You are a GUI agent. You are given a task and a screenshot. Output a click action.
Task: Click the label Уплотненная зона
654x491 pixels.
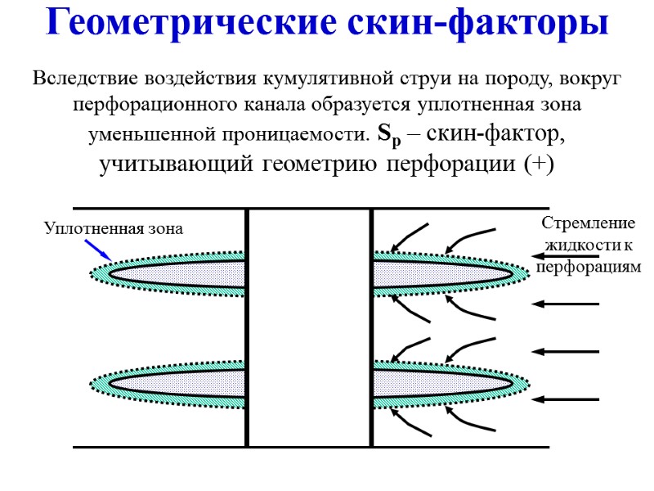114,230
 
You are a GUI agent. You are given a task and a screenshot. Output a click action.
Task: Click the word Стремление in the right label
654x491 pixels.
577,223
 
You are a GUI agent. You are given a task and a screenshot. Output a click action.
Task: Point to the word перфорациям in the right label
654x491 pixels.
589,267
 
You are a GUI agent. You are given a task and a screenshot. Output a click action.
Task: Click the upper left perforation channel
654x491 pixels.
176,271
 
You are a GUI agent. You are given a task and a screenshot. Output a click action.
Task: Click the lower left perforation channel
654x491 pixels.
176,383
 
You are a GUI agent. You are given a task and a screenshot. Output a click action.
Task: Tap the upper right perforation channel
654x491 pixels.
446,271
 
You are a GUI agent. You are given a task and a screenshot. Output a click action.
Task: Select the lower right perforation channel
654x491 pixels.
446,383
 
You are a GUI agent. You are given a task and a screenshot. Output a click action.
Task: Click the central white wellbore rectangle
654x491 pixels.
310,327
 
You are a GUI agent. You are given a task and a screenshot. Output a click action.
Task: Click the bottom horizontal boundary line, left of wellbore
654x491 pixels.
159,447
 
